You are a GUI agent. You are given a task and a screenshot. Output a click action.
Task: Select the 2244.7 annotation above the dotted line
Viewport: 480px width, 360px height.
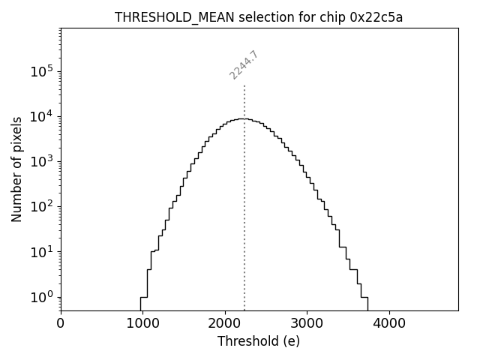coord(244,65)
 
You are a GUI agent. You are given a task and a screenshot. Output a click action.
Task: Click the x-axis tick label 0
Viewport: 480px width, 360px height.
coord(61,324)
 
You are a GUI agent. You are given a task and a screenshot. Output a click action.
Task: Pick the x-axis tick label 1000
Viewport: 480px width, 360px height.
coord(142,324)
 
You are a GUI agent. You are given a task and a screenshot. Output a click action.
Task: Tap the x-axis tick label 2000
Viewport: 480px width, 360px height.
coord(225,324)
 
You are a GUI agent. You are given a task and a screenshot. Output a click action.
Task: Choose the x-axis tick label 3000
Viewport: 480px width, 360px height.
coord(307,324)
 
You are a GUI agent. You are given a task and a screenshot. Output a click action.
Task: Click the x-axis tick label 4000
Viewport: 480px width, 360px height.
coord(388,324)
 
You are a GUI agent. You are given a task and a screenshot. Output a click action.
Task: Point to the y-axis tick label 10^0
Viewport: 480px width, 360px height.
coord(42,296)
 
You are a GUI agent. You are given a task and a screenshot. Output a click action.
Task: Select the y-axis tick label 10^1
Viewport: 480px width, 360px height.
coord(42,251)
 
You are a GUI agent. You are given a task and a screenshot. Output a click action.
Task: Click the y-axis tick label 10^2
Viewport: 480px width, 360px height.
coord(42,206)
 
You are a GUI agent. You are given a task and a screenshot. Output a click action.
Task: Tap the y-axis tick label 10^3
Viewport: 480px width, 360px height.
coord(42,161)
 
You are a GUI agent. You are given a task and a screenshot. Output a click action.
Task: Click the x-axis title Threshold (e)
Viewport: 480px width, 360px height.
coord(259,341)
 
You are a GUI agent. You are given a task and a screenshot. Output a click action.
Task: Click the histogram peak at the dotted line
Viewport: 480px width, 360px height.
coord(244,118)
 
